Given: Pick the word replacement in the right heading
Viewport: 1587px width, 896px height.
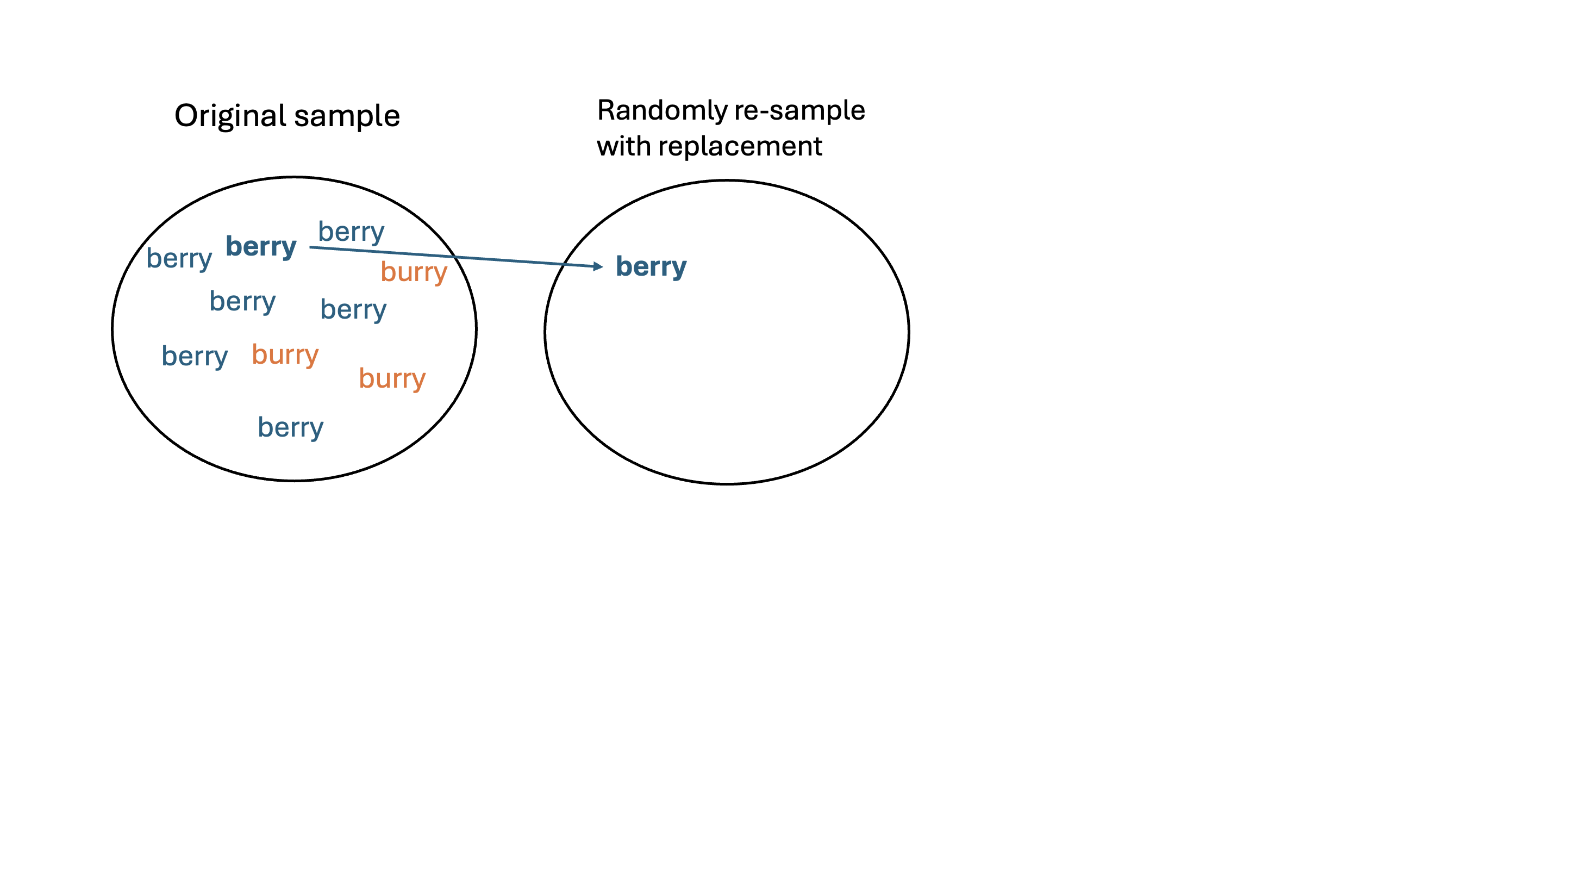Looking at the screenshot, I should pyautogui.click(x=740, y=146).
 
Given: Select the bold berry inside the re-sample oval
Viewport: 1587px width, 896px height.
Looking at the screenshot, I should pyautogui.click(x=651, y=267).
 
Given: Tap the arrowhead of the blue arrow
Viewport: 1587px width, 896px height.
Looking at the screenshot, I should pyautogui.click(x=598, y=266).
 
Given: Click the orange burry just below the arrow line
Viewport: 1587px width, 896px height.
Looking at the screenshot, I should pyautogui.click(x=414, y=272).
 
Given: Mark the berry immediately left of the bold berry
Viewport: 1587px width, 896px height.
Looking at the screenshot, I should pyautogui.click(x=179, y=258).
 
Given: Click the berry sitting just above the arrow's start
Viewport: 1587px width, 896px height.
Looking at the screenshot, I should pyautogui.click(x=351, y=232).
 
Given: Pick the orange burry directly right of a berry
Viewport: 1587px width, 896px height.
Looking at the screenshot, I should pyautogui.click(x=285, y=354).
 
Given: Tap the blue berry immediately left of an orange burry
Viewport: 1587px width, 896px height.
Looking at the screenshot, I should pyautogui.click(x=195, y=356).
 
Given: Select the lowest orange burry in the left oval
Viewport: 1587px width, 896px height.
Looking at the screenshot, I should pyautogui.click(x=392, y=378).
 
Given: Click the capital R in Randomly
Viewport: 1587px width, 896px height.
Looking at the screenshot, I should pyautogui.click(x=607, y=110).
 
